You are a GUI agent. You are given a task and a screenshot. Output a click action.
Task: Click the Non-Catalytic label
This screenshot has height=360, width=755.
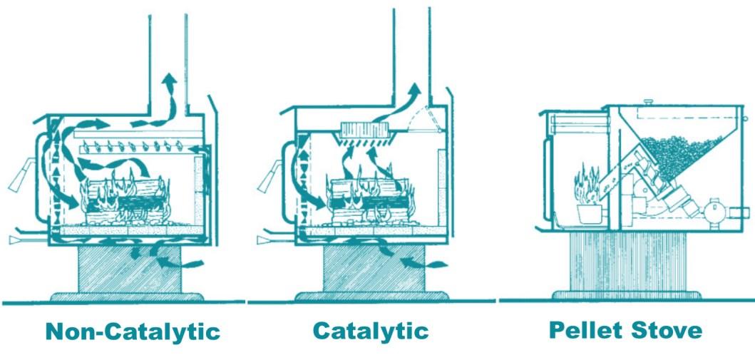[x=132, y=331]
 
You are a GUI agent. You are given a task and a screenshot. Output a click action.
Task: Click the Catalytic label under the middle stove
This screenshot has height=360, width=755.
[x=371, y=331]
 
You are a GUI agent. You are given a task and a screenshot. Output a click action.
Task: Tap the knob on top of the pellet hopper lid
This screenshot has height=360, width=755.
[x=647, y=103]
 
